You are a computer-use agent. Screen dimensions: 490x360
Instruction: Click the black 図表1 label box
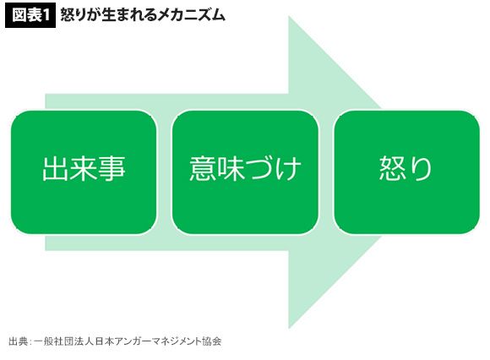(x=30, y=15)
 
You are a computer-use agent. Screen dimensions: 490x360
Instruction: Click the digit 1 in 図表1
(x=46, y=16)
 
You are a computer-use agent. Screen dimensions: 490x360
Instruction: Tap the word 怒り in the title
(x=73, y=15)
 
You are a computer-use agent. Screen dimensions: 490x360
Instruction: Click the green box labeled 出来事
(x=84, y=172)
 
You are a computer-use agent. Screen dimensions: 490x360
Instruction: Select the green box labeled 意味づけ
(x=245, y=172)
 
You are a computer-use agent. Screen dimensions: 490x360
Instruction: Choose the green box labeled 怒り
(x=406, y=172)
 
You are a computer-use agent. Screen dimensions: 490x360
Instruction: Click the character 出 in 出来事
(x=55, y=169)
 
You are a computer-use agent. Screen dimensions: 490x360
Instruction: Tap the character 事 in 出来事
(x=112, y=169)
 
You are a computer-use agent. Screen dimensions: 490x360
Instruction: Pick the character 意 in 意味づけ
(x=203, y=169)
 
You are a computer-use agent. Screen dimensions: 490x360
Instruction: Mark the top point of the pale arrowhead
(x=288, y=16)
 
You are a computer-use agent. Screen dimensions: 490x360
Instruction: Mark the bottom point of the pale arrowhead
(x=288, y=329)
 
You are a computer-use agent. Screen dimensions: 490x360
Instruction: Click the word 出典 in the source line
(x=18, y=341)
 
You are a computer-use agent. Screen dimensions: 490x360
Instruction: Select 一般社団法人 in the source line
(x=63, y=341)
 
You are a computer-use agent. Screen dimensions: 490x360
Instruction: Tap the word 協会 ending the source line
(x=212, y=341)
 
